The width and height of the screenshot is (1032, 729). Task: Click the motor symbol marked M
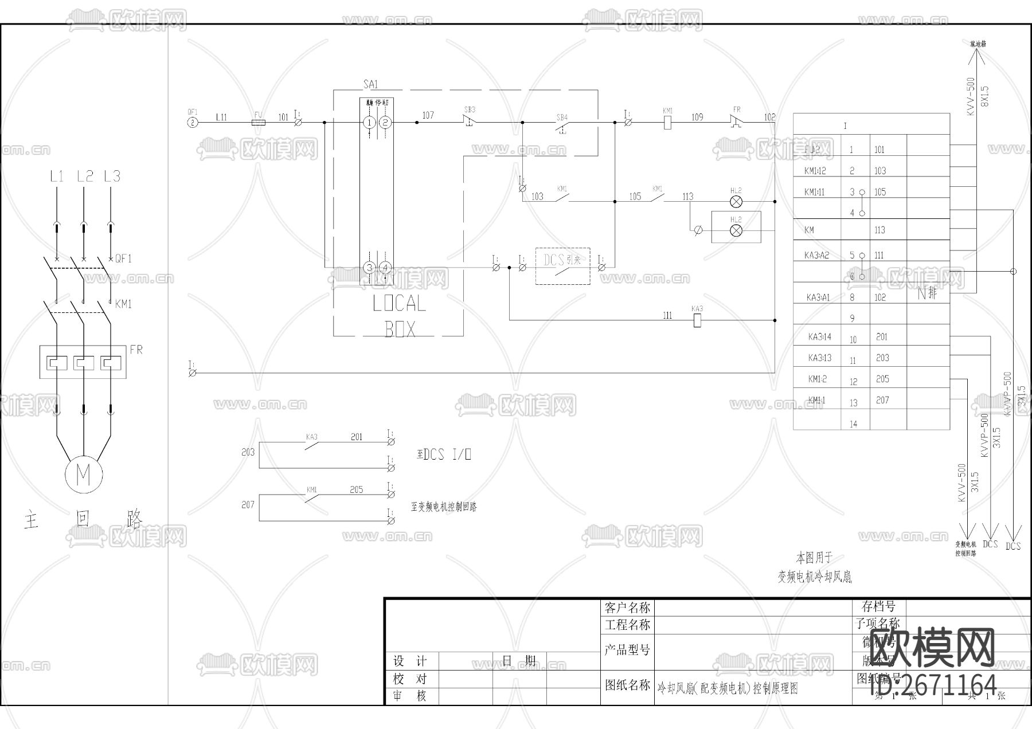(x=84, y=475)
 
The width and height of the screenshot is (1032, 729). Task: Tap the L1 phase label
(x=56, y=176)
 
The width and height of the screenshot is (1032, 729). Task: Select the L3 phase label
(x=112, y=176)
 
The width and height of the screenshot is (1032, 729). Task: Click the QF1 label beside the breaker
(x=123, y=259)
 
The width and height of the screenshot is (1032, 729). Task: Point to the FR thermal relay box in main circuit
(x=83, y=362)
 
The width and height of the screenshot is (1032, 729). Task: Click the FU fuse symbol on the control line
(x=259, y=122)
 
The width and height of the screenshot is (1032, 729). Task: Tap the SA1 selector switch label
(x=371, y=84)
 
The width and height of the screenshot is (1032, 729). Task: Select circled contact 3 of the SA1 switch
(x=370, y=268)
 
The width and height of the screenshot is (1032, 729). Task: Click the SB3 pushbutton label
(x=470, y=109)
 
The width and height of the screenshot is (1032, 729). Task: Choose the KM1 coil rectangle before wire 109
(x=667, y=122)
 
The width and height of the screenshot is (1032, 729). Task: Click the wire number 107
(x=428, y=115)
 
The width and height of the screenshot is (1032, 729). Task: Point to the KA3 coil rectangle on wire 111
(x=697, y=320)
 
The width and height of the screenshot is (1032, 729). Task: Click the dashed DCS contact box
(x=562, y=265)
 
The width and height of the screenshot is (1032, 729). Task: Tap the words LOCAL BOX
(x=400, y=316)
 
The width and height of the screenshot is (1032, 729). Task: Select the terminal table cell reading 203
(x=882, y=358)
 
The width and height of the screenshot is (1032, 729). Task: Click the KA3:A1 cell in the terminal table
(x=818, y=297)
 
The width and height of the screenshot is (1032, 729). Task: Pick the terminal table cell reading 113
(x=879, y=230)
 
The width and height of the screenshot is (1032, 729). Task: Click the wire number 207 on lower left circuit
(x=248, y=505)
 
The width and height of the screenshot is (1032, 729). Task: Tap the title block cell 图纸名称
(x=627, y=685)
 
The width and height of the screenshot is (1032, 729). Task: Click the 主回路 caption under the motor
(x=83, y=519)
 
